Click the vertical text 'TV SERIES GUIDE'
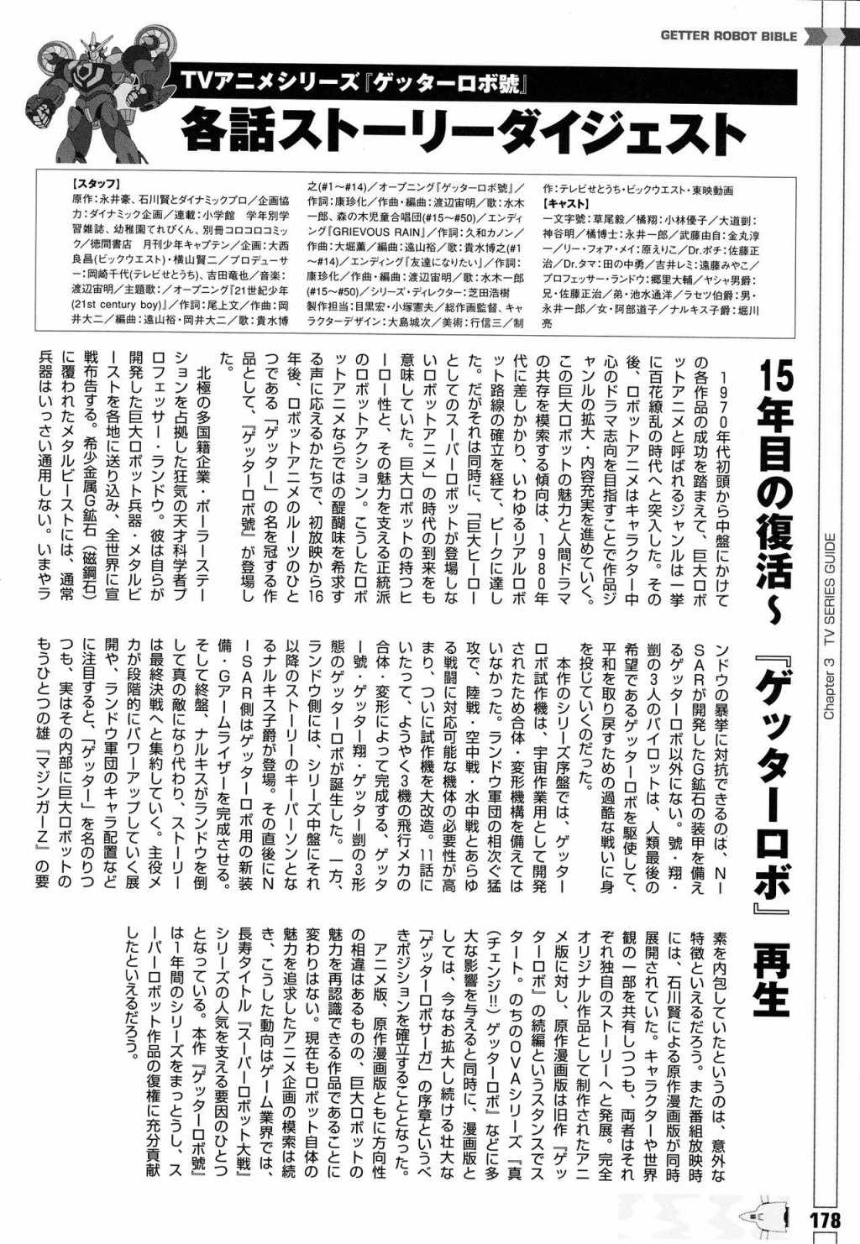828,588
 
